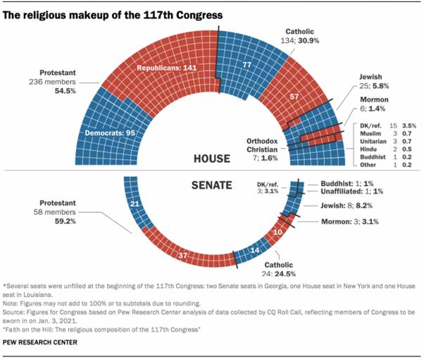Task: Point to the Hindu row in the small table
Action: (373, 150)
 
